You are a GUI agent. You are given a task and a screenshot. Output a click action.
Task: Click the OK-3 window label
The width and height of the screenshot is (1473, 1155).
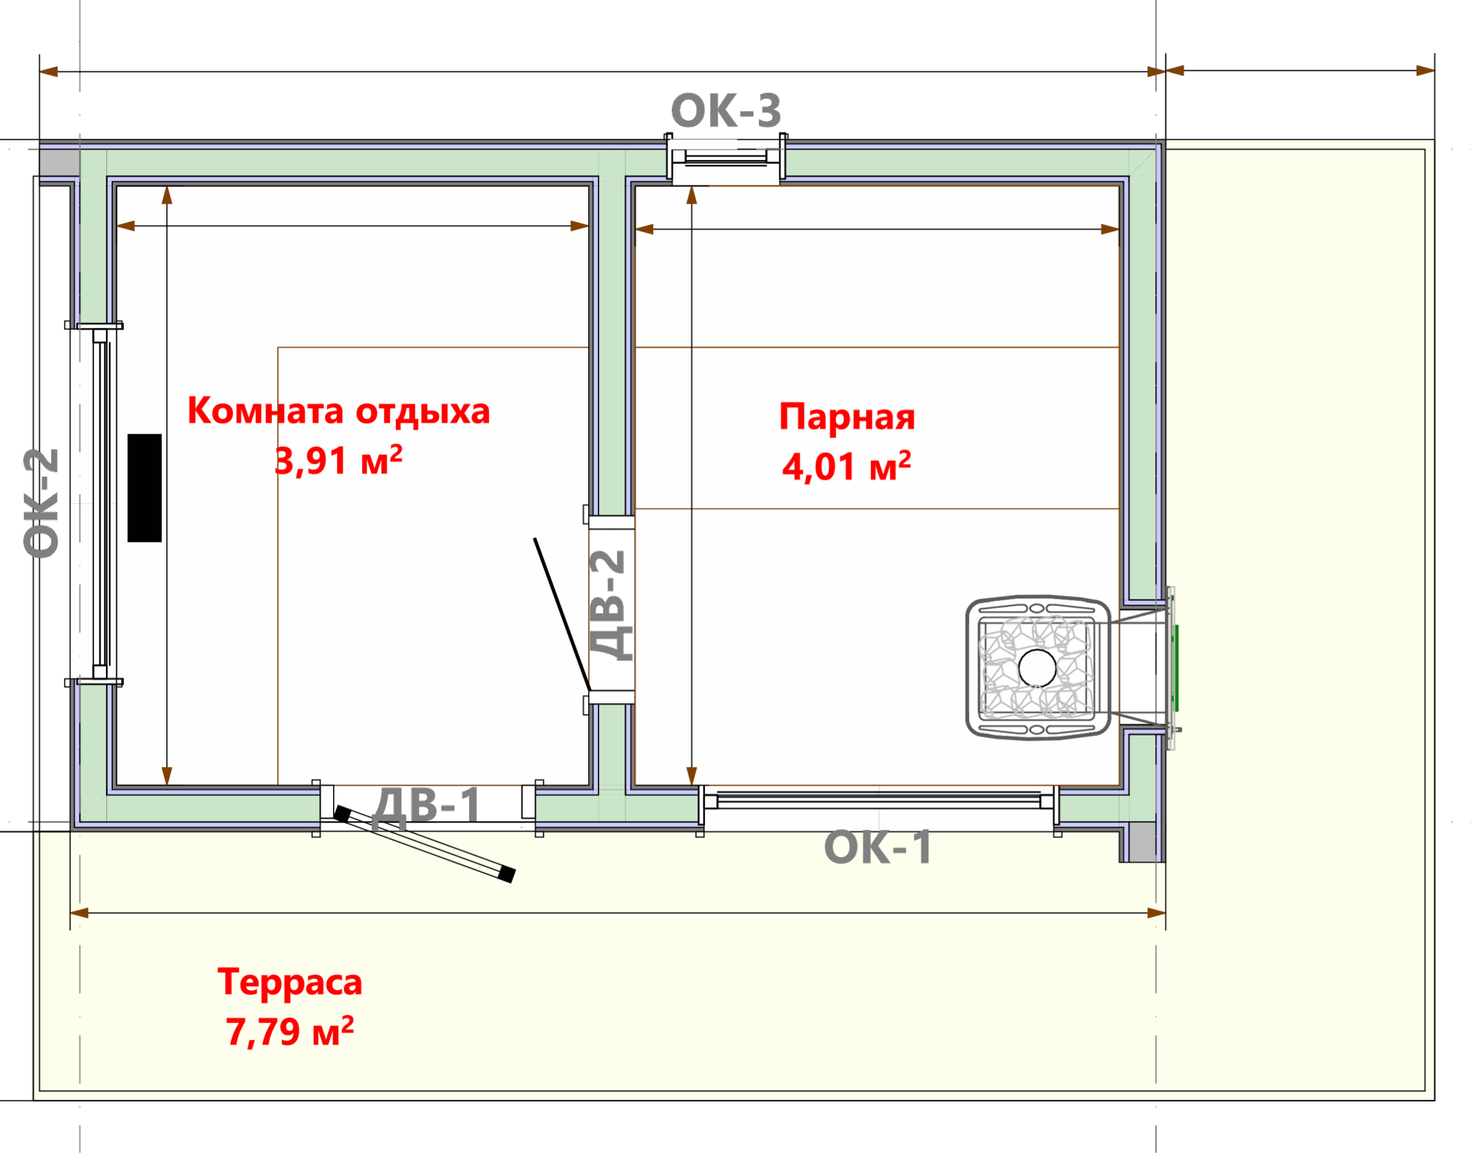[726, 110]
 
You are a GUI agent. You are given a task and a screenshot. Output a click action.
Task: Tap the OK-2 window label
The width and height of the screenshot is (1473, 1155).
[41, 504]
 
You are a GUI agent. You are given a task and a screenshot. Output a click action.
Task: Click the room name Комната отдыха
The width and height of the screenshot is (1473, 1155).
[339, 411]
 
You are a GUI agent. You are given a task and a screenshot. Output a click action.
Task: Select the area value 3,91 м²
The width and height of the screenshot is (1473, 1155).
[339, 461]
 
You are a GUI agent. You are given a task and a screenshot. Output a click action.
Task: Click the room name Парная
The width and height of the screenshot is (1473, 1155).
[847, 416]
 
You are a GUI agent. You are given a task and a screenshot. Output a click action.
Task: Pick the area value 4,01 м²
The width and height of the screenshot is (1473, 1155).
[847, 466]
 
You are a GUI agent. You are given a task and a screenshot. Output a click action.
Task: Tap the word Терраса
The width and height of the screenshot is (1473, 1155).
[289, 982]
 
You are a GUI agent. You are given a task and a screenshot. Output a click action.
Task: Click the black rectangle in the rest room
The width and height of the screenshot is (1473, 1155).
[145, 488]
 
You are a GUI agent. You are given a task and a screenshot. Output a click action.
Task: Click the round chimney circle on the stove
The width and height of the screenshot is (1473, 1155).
[1037, 667]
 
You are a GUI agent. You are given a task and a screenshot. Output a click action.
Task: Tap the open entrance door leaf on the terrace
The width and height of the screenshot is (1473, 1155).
[425, 844]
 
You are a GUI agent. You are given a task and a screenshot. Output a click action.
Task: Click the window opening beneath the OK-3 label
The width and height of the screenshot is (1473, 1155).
[726, 160]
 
